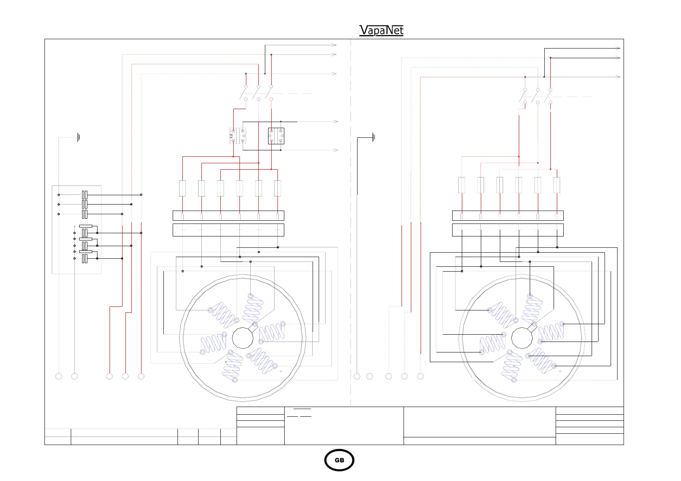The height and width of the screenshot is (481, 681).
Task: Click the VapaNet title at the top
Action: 381,30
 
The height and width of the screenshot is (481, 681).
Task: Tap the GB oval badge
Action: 339,460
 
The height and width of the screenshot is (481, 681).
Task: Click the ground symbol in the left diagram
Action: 78,137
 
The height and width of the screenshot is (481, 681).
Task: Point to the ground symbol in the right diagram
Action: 374,137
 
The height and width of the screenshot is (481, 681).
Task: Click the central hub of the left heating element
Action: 243,338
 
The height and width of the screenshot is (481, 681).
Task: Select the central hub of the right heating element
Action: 522,338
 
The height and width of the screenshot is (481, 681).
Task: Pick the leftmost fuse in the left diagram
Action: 182,188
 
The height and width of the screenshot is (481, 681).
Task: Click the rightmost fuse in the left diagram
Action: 277,188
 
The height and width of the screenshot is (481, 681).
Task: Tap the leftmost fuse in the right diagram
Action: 461,185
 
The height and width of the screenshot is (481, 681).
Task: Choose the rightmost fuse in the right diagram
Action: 557,185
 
